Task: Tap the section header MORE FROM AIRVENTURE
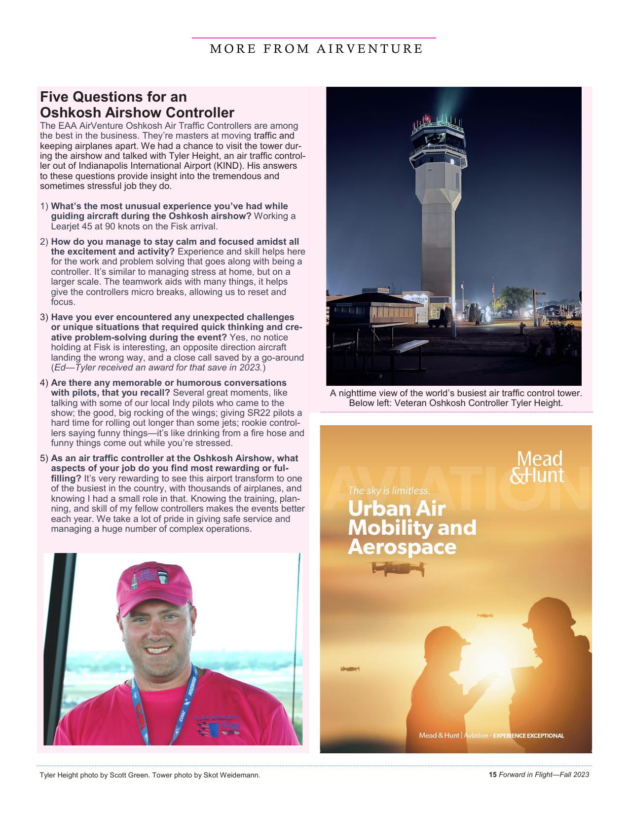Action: [316, 49]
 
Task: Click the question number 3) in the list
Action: [44, 317]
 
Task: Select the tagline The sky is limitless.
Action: [389, 490]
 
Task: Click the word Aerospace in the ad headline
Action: [402, 547]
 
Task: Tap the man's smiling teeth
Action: [158, 650]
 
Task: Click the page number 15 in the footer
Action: [492, 775]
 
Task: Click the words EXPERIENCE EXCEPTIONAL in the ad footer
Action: [528, 736]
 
